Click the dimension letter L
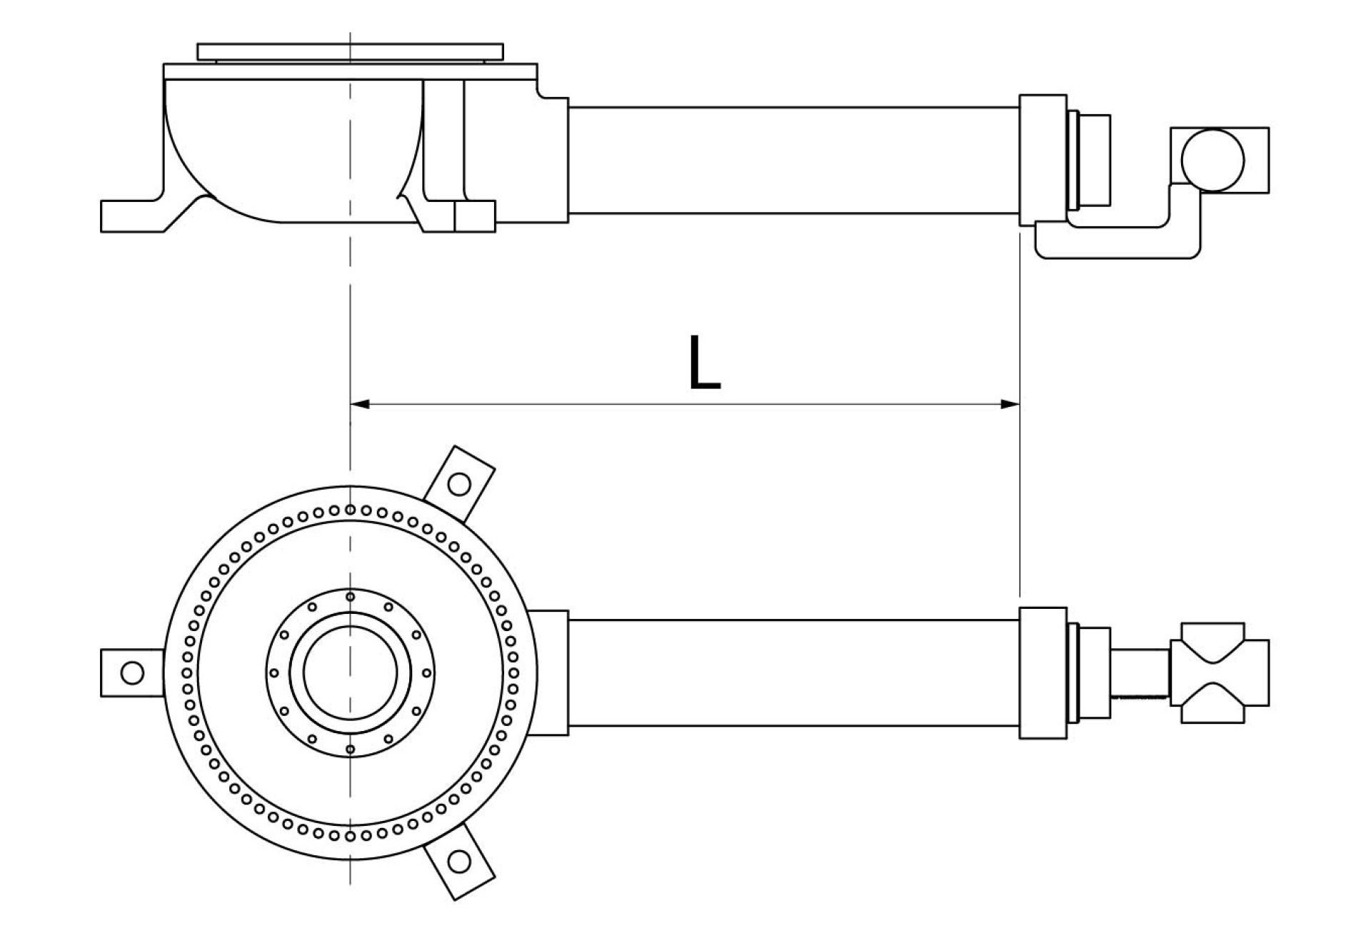[x=705, y=363]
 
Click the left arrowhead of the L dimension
[x=359, y=404]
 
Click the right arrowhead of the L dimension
[x=1010, y=404]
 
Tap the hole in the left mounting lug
[x=132, y=672]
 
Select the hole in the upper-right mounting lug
[x=458, y=485]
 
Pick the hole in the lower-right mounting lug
[x=461, y=861]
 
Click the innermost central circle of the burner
[x=350, y=672]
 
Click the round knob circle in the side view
[x=1212, y=160]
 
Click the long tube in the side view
[x=793, y=161]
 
